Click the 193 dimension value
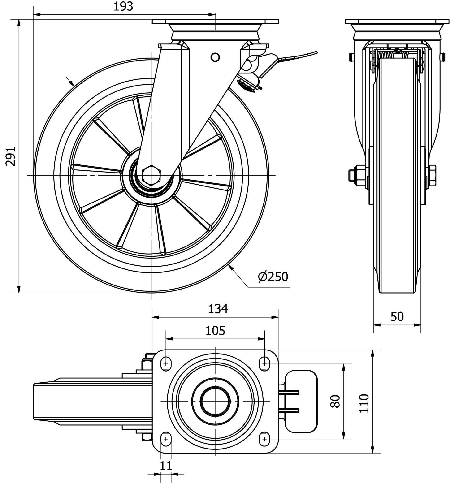coord(123,7)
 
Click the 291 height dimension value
coord(11,156)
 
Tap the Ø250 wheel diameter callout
coord(273,277)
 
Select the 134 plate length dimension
coord(218,309)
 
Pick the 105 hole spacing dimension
coord(215,331)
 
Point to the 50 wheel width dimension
coord(397,317)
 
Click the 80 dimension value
coord(335,401)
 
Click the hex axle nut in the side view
coord(151,175)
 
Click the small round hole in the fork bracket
coord(215,57)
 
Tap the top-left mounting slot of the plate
coord(166,364)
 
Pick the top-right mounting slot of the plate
coord(264,364)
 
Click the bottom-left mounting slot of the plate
coord(166,439)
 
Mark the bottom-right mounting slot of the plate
coord(264,439)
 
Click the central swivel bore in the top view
coord(215,401)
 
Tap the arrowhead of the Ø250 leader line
coord(230,267)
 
